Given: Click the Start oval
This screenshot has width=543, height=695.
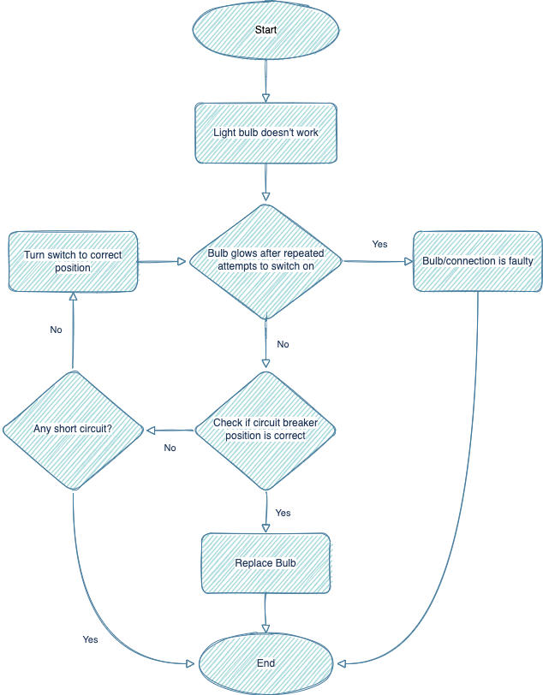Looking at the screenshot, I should coord(266,31).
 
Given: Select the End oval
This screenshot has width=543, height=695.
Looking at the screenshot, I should coord(266,663).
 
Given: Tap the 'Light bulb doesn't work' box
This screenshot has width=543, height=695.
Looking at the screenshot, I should coord(266,133).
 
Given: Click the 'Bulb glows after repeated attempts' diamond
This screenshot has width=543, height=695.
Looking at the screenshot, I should coord(266,260).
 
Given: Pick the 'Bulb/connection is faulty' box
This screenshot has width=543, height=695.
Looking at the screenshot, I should coord(478,260).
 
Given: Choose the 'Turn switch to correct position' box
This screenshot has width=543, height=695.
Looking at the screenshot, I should coord(73,260).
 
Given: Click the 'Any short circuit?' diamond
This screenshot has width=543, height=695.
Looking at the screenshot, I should coord(73,428).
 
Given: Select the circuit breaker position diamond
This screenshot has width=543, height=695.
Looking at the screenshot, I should coord(266,430).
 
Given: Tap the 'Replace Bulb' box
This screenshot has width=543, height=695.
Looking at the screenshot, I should coord(266,563).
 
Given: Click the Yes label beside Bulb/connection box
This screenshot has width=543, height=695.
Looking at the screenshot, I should coord(379,244).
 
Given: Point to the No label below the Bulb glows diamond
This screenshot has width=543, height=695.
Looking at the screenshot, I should coord(283,344).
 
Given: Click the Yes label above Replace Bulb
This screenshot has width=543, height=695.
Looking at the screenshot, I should coord(283,513).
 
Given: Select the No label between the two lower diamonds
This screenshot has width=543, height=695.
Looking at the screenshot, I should coord(170,447).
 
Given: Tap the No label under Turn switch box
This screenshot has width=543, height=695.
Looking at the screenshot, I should coord(56,330).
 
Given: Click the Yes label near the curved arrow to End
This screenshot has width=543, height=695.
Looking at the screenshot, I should coord(90,639).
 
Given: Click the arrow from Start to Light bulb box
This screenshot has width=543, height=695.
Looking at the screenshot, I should coord(266,81).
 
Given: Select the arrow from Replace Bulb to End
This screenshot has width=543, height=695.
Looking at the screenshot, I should coord(266,614).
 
